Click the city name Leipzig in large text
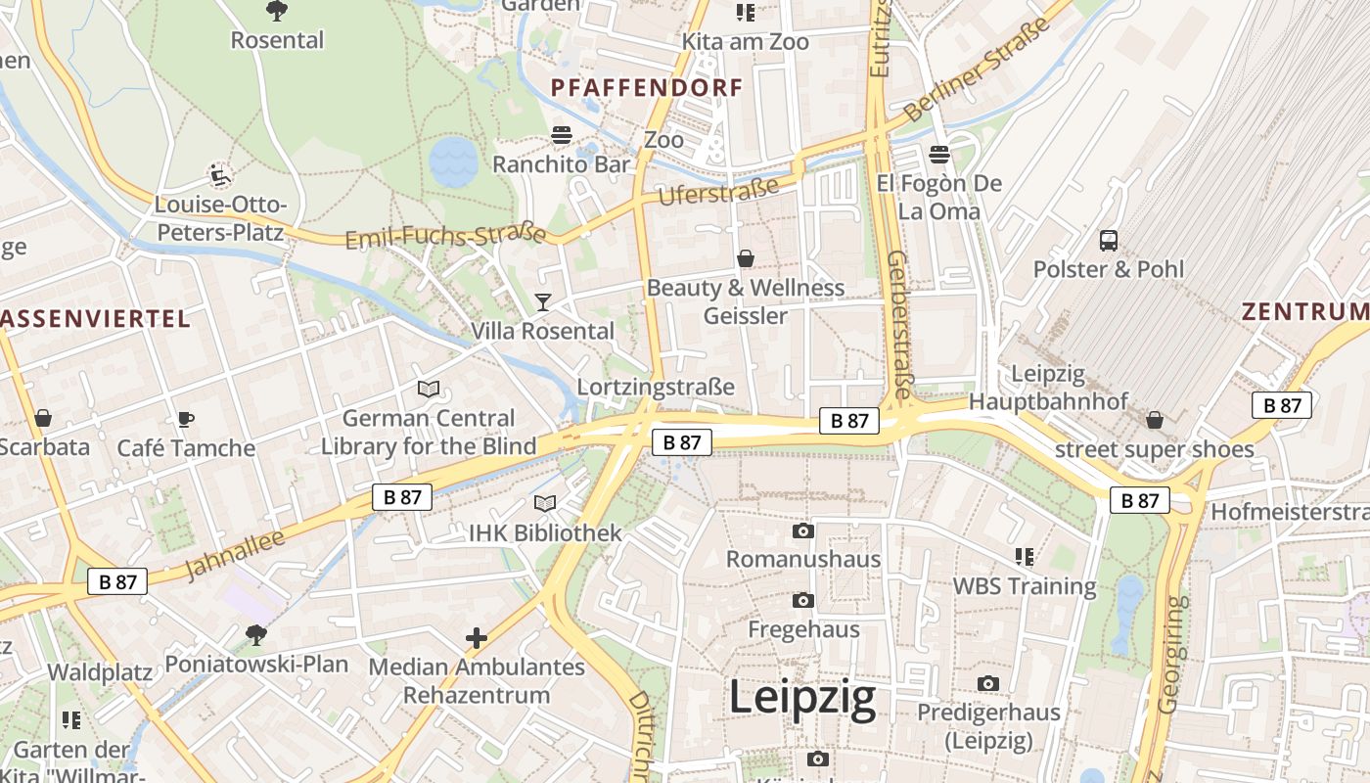[x=802, y=699]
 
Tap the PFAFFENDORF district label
[x=647, y=88]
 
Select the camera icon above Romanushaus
[x=802, y=531]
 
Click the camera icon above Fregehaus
[x=802, y=600]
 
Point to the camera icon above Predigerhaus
[x=988, y=684]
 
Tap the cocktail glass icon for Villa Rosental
[x=543, y=301]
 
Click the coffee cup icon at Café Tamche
[x=185, y=420]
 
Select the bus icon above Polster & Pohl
[x=1109, y=240]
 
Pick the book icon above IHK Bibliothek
[x=545, y=503]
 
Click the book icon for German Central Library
[x=429, y=389]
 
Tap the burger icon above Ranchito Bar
[x=562, y=135]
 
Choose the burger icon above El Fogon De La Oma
[x=939, y=154]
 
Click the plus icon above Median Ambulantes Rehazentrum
[x=477, y=639]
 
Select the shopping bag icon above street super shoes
[x=1155, y=420]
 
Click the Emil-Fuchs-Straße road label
[x=445, y=237]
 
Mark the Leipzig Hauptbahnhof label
[x=1048, y=388]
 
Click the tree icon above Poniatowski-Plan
[x=256, y=635]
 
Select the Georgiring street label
[x=1171, y=654]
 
